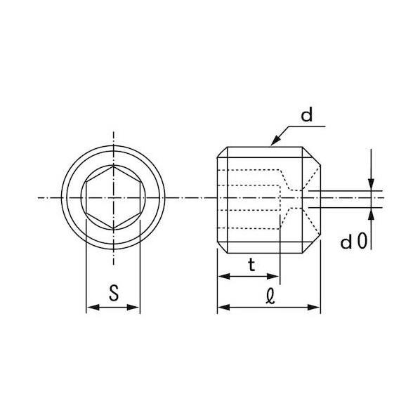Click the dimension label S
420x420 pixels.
click(x=114, y=293)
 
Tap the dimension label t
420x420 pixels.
click(x=251, y=265)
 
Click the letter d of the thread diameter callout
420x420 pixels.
click(x=306, y=115)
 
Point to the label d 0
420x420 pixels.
click(x=353, y=241)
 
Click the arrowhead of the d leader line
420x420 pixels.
click(x=275, y=140)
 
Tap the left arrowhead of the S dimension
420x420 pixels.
click(x=93, y=307)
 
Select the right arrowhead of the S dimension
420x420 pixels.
click(x=133, y=307)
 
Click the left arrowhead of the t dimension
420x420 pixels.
click(x=224, y=276)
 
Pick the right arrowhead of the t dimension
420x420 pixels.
click(x=273, y=276)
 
